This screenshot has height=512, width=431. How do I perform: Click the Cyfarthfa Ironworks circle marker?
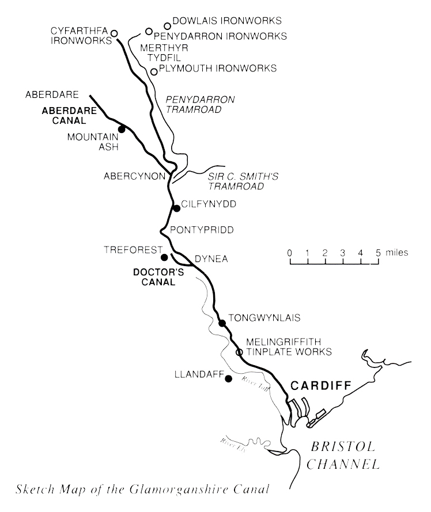pyautogui.click(x=114, y=33)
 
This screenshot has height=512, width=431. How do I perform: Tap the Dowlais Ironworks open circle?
pyautogui.click(x=168, y=25)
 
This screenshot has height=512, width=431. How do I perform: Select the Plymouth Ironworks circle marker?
pyautogui.click(x=154, y=72)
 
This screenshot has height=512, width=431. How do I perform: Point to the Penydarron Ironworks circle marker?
pyautogui.click(x=149, y=31)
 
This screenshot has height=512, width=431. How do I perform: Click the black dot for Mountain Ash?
pyautogui.click(x=122, y=128)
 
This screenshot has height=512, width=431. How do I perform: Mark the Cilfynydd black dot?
pyautogui.click(x=176, y=208)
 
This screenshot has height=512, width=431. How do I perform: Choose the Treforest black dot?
pyautogui.click(x=164, y=257)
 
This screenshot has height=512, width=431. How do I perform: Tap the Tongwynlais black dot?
pyautogui.click(x=222, y=323)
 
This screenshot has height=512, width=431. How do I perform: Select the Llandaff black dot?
pyautogui.click(x=229, y=378)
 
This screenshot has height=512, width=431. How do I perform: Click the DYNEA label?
pyautogui.click(x=211, y=259)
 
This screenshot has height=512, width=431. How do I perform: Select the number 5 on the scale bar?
pyautogui.click(x=379, y=252)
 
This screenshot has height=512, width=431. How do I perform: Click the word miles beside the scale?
pyautogui.click(x=397, y=252)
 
